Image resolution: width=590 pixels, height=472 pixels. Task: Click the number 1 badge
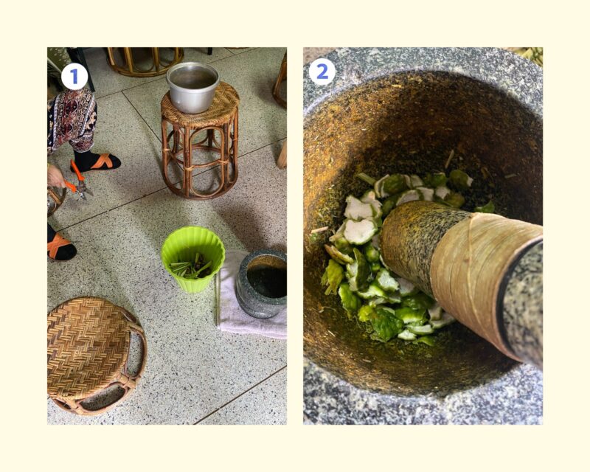pyautogui.click(x=74, y=77)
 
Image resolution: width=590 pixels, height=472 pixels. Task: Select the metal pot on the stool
pyautogui.click(x=192, y=87)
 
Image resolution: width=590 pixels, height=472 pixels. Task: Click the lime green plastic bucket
pyautogui.click(x=192, y=259)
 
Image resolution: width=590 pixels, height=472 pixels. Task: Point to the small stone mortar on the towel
pyautogui.click(x=263, y=284)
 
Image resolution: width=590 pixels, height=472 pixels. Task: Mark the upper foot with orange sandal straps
pyautogui.click(x=97, y=161)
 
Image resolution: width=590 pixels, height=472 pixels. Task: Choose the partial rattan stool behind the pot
pyautogui.click(x=144, y=61)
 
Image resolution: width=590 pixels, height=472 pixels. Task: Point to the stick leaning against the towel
pyautogui.click(x=217, y=297)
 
